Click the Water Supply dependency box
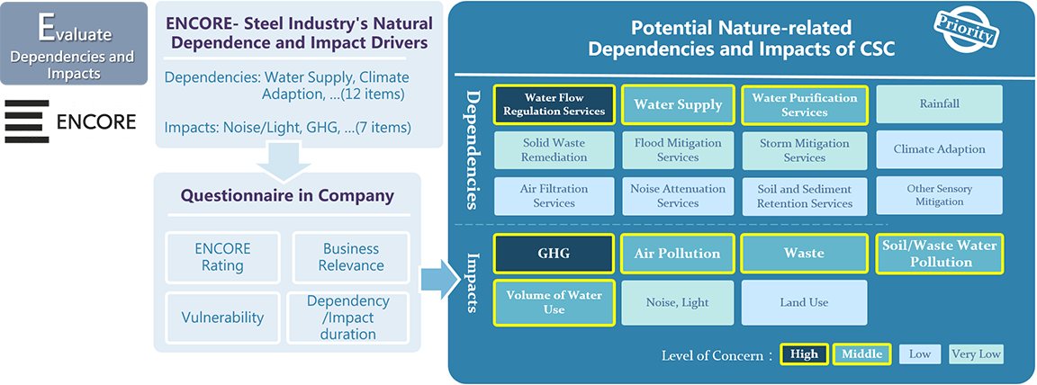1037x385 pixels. (x=678, y=104)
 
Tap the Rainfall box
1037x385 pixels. (x=939, y=104)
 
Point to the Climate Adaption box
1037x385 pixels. (x=939, y=149)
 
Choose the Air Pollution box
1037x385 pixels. (x=678, y=254)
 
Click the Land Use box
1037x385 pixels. (x=804, y=302)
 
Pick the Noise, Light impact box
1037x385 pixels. (x=678, y=302)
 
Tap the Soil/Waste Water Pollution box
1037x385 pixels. (x=939, y=254)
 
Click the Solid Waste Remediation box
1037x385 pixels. (x=555, y=149)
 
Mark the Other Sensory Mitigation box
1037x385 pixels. (x=939, y=195)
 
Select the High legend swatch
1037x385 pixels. (x=804, y=354)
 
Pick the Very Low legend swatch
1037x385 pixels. (x=976, y=354)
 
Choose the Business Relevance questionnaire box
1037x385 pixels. (x=351, y=256)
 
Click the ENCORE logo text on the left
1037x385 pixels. (x=95, y=121)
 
